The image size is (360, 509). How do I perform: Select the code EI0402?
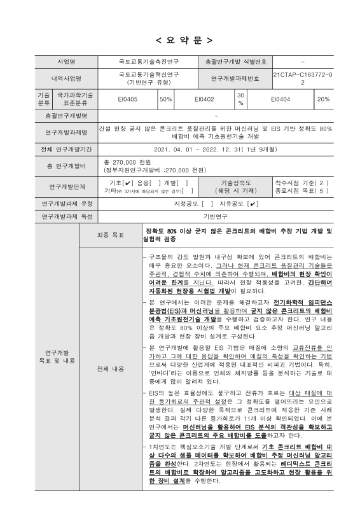coord(204,99)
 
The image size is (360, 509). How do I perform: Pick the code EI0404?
coord(280,99)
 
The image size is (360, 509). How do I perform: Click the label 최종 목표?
coord(93,235)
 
